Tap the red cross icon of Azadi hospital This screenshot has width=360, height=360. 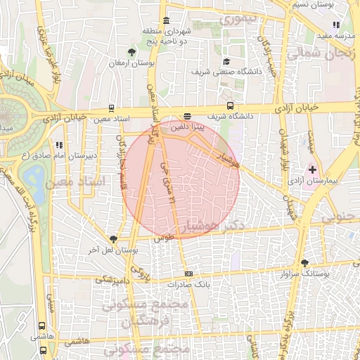pyautogui.click(x=313, y=171)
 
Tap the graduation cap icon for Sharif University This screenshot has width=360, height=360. pyautogui.click(x=226, y=60)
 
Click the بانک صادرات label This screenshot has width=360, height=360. pyautogui.click(x=188, y=285)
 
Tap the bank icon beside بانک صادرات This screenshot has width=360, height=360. pyautogui.click(x=188, y=274)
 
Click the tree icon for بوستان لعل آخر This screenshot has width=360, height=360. pyautogui.click(x=113, y=239)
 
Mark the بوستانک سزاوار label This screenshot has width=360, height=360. pyautogui.click(x=304, y=272)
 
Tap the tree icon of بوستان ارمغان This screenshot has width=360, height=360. pyautogui.click(x=131, y=51)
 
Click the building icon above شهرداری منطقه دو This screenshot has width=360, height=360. pyautogui.click(x=166, y=20)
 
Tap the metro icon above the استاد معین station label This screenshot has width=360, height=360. pyautogui.click(x=110, y=108)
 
